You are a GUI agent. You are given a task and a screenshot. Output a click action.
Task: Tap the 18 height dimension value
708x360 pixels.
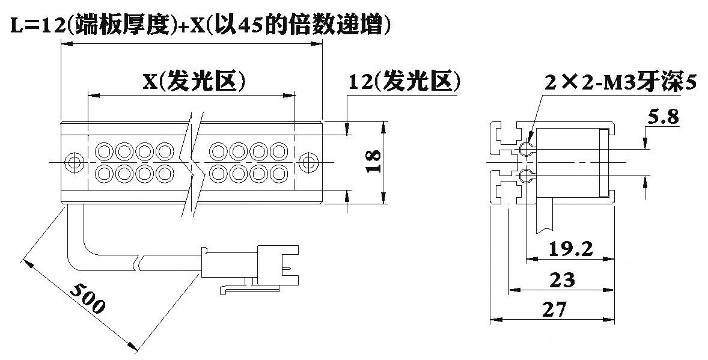click(x=373, y=162)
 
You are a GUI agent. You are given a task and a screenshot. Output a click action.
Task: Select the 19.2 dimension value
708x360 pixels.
click(x=570, y=249)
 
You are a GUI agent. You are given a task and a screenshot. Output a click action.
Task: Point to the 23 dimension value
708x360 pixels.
click(x=562, y=280)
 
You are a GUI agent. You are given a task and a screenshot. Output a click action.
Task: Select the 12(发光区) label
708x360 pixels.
click(x=404, y=82)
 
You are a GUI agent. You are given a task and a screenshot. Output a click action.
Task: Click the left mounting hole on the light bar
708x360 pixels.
click(x=73, y=162)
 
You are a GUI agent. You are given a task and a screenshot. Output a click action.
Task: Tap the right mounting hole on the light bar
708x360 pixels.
click(x=309, y=162)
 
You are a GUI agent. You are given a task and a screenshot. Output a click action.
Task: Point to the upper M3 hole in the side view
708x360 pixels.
click(x=525, y=148)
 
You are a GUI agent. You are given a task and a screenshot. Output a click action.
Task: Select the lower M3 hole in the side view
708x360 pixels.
click(x=525, y=175)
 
